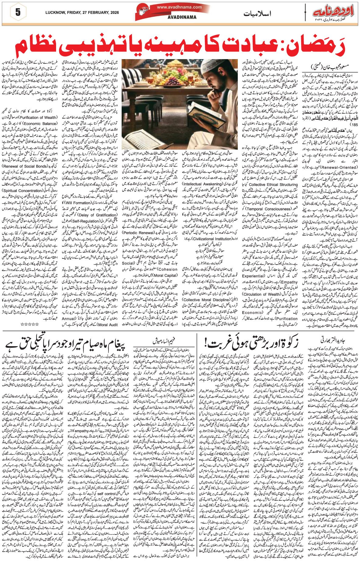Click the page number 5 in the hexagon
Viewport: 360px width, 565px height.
18,12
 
